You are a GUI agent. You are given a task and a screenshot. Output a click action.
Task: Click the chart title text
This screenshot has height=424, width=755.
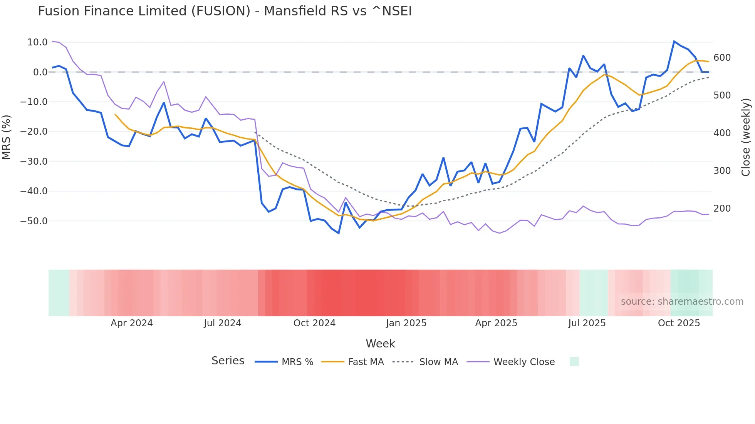click(225, 11)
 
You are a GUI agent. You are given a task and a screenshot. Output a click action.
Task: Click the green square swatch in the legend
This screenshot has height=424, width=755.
click(574, 362)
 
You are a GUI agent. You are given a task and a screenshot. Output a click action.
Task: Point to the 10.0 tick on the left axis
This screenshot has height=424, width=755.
click(37, 42)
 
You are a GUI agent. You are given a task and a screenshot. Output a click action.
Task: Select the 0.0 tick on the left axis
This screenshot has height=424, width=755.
click(40, 72)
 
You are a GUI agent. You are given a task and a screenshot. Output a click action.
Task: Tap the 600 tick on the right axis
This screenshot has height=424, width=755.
click(722, 58)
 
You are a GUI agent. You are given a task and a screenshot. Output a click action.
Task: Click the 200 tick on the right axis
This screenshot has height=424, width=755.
click(722, 209)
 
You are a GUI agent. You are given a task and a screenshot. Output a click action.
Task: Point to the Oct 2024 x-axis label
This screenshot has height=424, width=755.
click(314, 323)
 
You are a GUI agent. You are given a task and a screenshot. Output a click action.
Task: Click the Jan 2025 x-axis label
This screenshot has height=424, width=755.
click(406, 323)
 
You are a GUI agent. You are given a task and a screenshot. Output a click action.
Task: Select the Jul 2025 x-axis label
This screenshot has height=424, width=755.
click(587, 323)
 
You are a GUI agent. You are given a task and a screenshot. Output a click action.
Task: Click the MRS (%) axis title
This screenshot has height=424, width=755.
click(6, 137)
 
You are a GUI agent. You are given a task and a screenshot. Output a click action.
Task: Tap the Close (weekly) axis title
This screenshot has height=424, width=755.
click(746, 137)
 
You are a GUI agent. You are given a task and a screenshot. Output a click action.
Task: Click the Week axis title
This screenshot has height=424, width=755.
click(380, 344)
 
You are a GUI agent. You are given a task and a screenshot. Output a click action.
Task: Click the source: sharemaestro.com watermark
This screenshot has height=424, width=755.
click(682, 302)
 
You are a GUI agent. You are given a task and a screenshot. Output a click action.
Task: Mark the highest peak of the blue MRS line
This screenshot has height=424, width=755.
click(674, 41)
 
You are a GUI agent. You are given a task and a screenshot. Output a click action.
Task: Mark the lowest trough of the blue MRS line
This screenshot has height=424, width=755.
click(339, 233)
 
